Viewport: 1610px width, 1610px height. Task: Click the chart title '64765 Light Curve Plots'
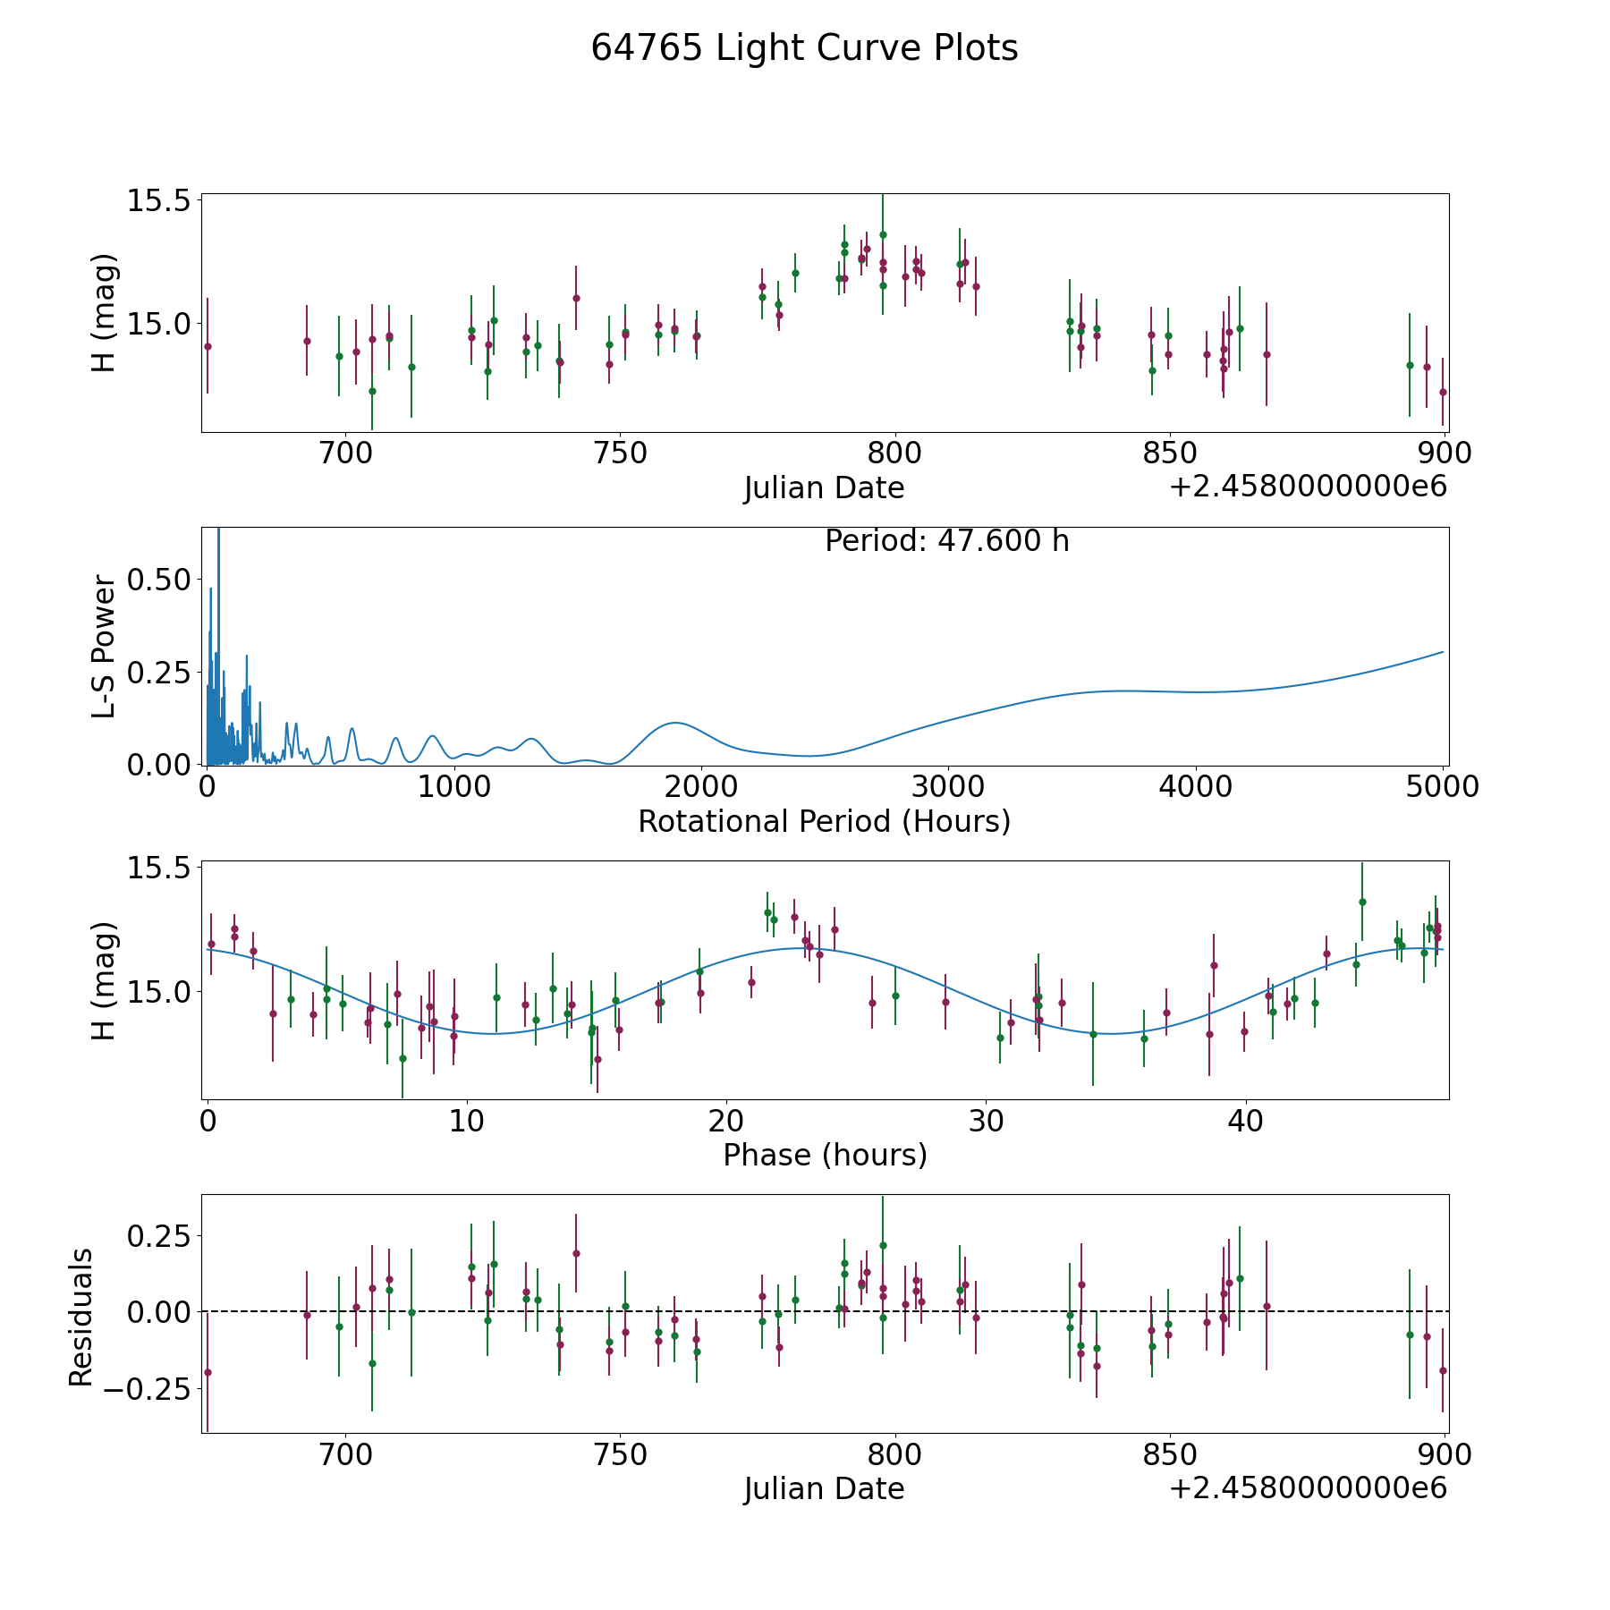804,48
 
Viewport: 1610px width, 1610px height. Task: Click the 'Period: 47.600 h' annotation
946,541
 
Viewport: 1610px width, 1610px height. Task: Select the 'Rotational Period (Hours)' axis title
824,821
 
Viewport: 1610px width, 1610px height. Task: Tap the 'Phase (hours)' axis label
824,1155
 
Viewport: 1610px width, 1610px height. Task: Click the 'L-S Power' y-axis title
105,646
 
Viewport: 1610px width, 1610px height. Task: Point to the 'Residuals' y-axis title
81,1318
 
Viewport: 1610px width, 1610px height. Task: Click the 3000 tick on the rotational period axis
947,787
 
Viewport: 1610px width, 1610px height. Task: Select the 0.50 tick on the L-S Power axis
158,580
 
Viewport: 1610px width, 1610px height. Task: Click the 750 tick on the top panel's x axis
620,453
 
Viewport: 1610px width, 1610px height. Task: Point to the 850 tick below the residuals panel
1169,1455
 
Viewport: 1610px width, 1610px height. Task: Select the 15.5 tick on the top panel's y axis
158,200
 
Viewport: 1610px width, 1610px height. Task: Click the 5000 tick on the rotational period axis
1442,787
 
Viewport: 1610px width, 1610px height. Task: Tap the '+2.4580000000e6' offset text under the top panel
1308,487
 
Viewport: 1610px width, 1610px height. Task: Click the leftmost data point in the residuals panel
208,1372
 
